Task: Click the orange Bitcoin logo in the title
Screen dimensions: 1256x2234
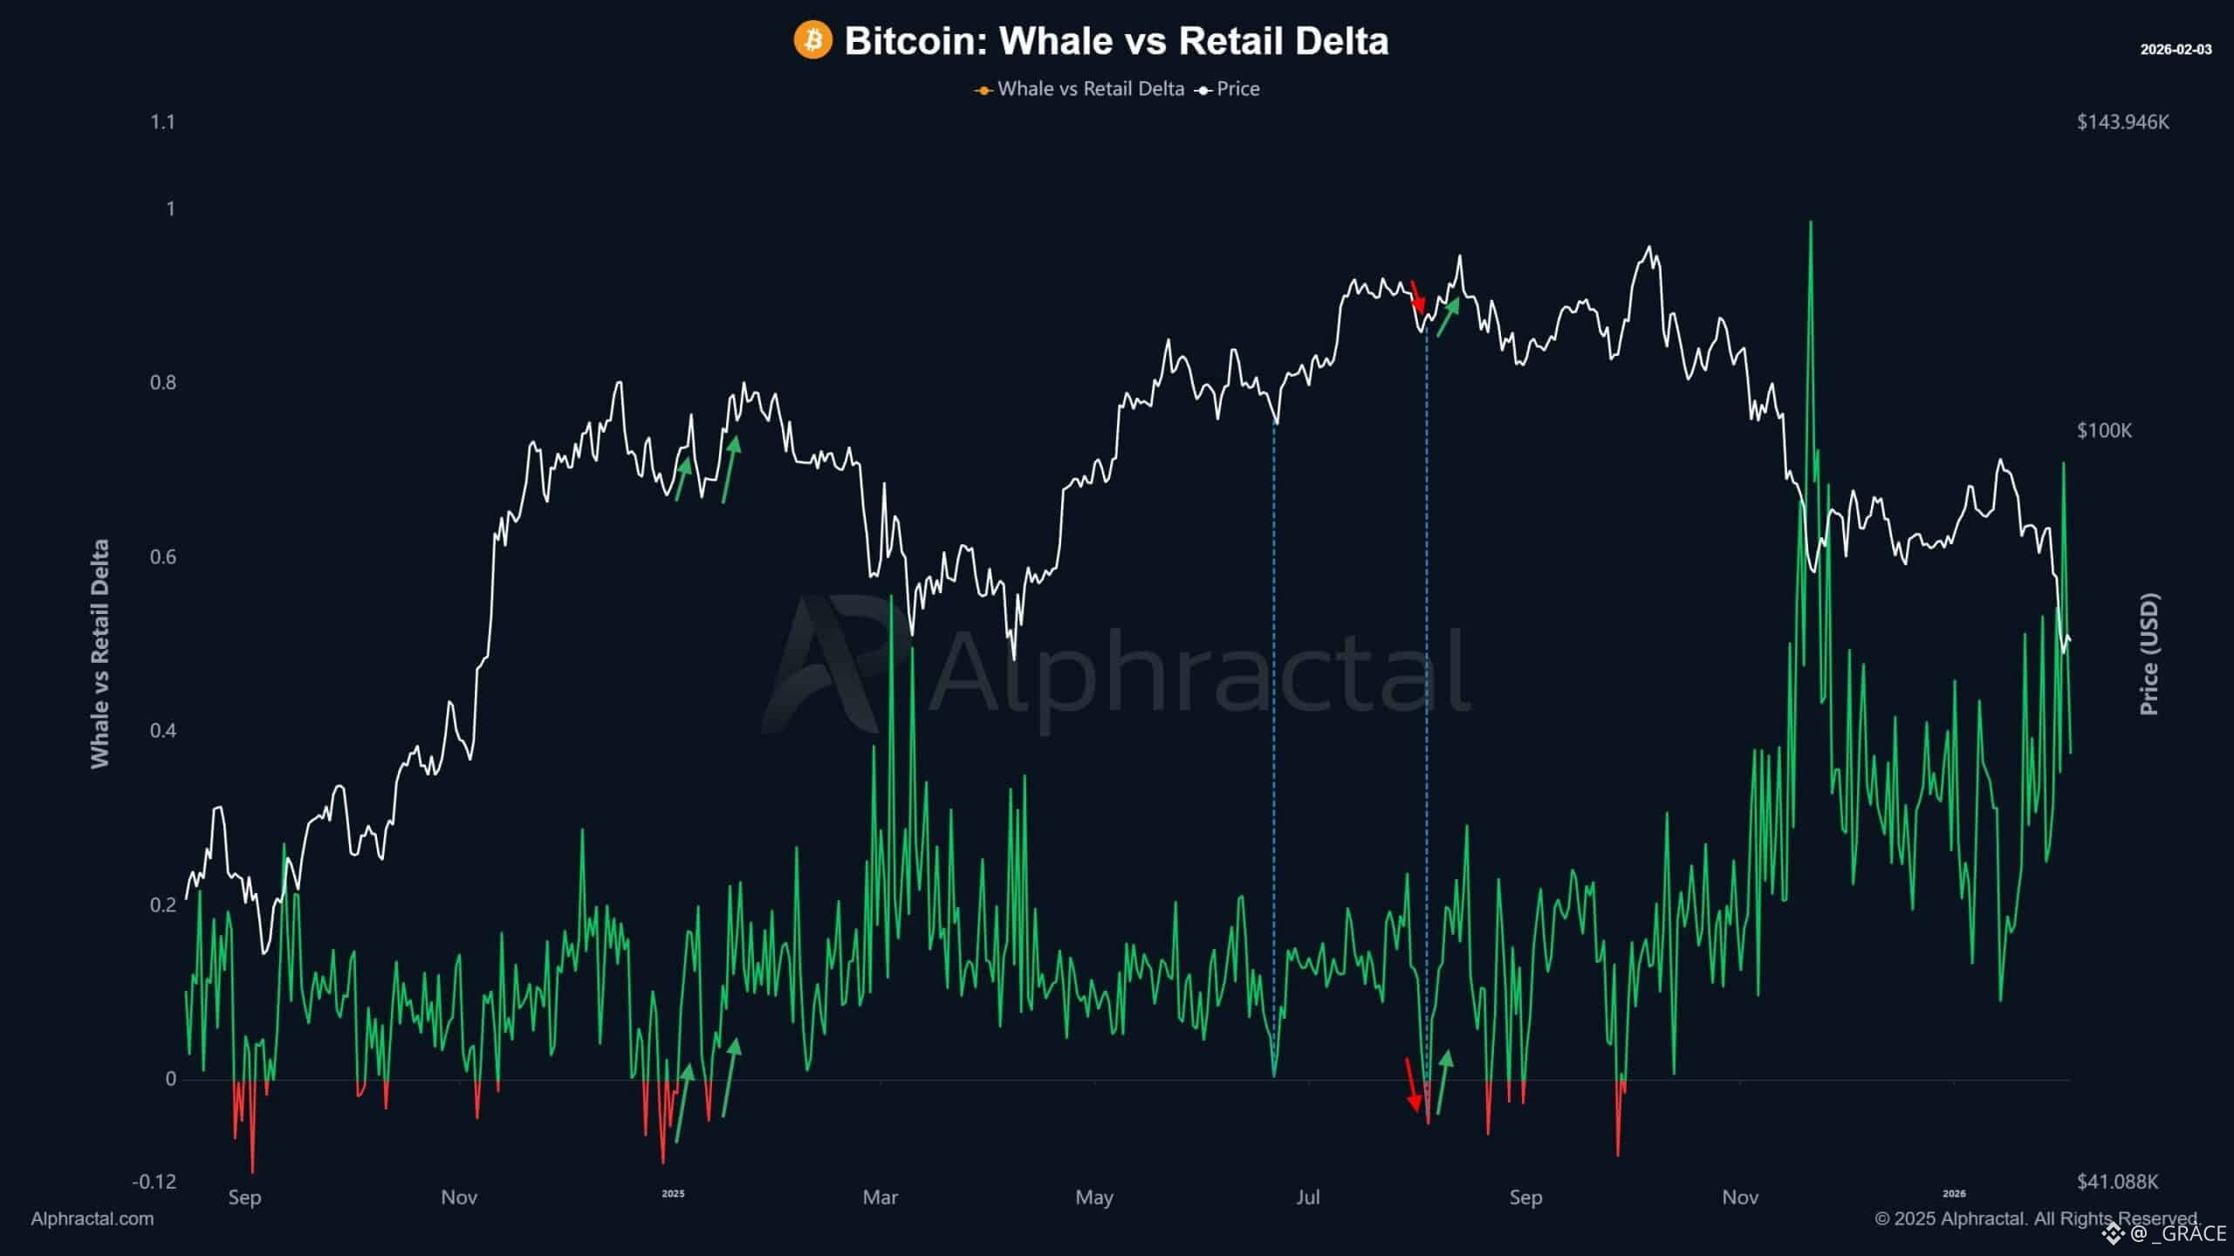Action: pyautogui.click(x=812, y=41)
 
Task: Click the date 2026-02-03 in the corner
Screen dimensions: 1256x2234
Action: pyautogui.click(x=2176, y=50)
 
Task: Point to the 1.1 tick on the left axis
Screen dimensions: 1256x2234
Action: pyautogui.click(x=162, y=122)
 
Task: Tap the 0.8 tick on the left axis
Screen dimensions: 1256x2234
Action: pyautogui.click(x=162, y=383)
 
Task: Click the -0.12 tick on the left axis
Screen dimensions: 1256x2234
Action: pyautogui.click(x=154, y=1182)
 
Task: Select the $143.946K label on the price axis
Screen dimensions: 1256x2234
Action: pyautogui.click(x=2122, y=122)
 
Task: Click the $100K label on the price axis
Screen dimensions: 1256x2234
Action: pyautogui.click(x=2104, y=431)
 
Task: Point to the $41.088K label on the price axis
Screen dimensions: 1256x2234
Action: pyautogui.click(x=2117, y=1182)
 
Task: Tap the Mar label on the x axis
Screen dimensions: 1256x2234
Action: pyautogui.click(x=880, y=1198)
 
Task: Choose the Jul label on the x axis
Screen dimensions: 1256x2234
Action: pyautogui.click(x=1307, y=1198)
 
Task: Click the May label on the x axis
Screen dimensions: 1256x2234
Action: pyautogui.click(x=1094, y=1198)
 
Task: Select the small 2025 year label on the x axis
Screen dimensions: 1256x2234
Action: pyautogui.click(x=673, y=1194)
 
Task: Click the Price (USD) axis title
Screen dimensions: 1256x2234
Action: pyautogui.click(x=2149, y=654)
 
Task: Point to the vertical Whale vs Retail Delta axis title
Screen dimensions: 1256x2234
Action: pyautogui.click(x=100, y=654)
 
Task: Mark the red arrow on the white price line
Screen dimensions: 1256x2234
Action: pyautogui.click(x=1418, y=297)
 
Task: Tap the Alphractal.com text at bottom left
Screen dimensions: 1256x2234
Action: pyautogui.click(x=92, y=1219)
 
